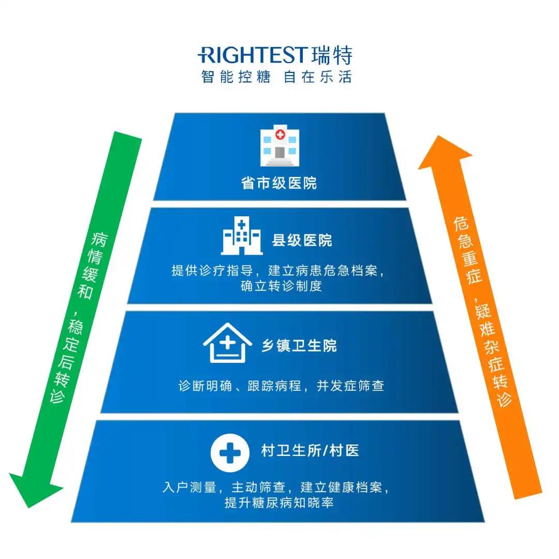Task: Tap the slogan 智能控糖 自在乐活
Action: click(276, 77)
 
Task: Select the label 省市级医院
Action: click(279, 183)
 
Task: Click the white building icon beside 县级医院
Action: click(241, 236)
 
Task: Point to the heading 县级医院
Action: click(302, 240)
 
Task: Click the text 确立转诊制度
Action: click(281, 286)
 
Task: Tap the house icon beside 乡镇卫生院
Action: click(227, 342)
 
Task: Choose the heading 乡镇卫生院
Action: click(299, 345)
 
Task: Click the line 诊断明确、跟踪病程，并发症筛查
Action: click(281, 386)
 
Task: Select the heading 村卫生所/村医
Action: click(310, 450)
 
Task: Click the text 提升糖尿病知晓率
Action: click(279, 503)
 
